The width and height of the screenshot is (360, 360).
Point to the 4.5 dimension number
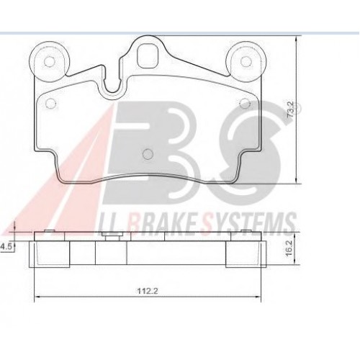(6, 247)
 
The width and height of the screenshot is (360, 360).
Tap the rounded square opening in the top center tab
(149, 55)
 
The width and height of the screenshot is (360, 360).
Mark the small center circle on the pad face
(147, 153)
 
